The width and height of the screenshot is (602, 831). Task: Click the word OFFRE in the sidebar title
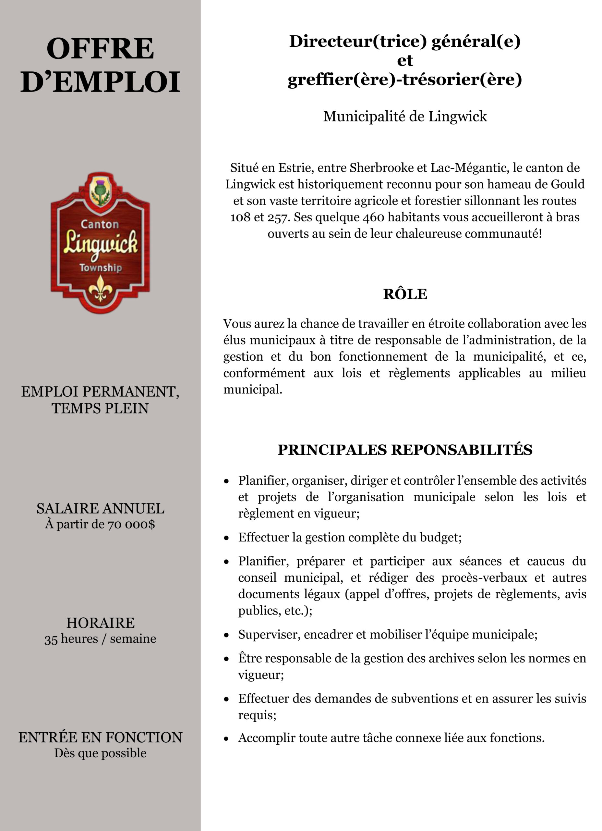click(100, 49)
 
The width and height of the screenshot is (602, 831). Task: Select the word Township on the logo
click(100, 268)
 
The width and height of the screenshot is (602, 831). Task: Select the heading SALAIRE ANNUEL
click(100, 509)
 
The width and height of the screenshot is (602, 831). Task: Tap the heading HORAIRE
click(100, 623)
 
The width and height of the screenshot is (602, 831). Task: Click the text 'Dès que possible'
click(100, 753)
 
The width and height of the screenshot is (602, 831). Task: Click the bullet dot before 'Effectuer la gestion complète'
click(227, 538)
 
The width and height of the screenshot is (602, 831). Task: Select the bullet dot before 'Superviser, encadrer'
click(227, 635)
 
